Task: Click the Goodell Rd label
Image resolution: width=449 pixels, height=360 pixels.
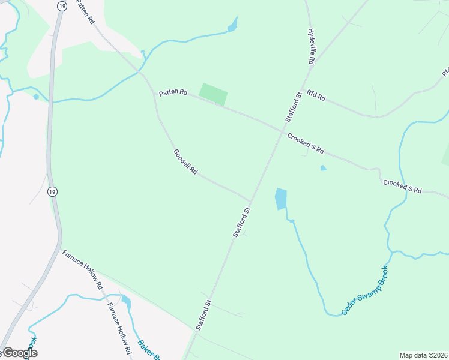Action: coord(185,161)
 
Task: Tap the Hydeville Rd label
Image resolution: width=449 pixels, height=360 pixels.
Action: coord(311,46)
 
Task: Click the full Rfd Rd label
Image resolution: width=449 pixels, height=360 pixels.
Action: coord(316,94)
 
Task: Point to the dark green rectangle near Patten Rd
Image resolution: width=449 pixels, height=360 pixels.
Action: coord(214,94)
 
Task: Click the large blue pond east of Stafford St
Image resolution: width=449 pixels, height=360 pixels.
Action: coord(280,199)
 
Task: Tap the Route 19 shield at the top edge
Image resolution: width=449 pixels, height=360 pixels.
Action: coord(62,5)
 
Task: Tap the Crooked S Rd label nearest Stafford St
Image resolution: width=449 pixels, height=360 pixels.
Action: coord(305,142)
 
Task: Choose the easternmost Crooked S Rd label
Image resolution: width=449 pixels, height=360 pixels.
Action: coord(402,186)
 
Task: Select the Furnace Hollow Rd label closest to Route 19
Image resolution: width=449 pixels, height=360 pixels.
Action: coord(83,270)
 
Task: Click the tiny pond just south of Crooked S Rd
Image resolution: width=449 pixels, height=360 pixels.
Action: coord(323,168)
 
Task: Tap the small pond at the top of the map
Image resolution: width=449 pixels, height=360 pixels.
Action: coord(232,26)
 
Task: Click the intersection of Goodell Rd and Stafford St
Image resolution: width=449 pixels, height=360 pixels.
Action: coord(250,202)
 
